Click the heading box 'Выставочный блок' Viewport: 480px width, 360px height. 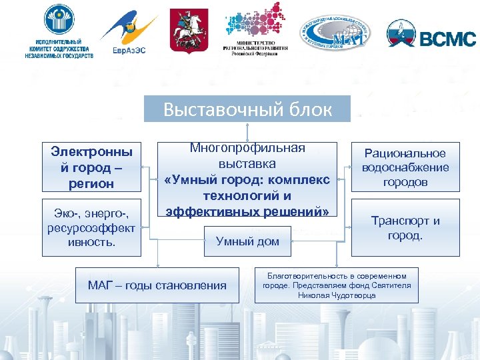(x=247, y=109)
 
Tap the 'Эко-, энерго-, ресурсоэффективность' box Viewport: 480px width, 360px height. (x=92, y=227)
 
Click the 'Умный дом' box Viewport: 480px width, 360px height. (x=247, y=241)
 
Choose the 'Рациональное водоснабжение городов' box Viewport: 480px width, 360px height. (x=405, y=167)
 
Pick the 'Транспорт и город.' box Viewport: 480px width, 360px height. (x=405, y=228)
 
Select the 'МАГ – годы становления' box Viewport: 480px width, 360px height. (x=157, y=286)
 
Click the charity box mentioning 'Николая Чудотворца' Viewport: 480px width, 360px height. (x=337, y=285)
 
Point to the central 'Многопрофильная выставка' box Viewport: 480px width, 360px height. (x=247, y=179)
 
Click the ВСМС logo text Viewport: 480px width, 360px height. (x=447, y=39)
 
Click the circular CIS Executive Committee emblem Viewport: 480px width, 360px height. (x=59, y=20)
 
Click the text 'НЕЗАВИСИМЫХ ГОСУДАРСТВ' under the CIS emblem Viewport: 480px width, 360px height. (x=60, y=56)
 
